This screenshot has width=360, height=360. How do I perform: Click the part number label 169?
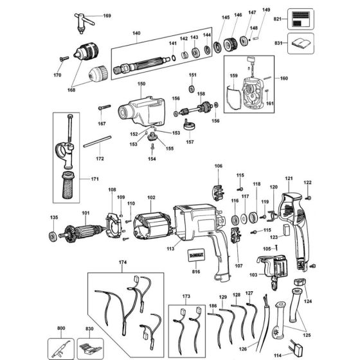[x=107, y=15]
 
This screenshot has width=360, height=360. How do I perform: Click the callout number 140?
[x=136, y=33]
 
